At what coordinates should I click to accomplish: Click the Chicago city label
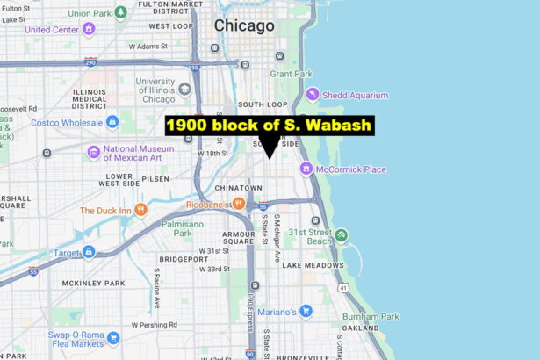pyautogui.click(x=244, y=25)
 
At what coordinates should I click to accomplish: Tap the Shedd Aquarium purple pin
pyautogui.click(x=313, y=95)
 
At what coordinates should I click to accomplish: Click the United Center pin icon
pyautogui.click(x=88, y=29)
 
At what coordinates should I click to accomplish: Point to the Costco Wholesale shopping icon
pyautogui.click(x=112, y=122)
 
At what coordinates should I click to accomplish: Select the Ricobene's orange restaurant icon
pyautogui.click(x=238, y=204)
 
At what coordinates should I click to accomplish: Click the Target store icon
pyautogui.click(x=88, y=252)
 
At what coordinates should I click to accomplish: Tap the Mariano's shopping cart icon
pyautogui.click(x=306, y=311)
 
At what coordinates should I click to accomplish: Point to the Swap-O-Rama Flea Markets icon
pyautogui.click(x=112, y=338)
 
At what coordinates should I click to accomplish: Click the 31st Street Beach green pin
pyautogui.click(x=341, y=235)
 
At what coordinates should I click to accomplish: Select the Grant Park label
pyautogui.click(x=292, y=74)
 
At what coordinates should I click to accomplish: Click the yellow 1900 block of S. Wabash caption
pyautogui.click(x=270, y=126)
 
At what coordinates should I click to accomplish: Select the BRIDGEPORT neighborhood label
pyautogui.click(x=184, y=260)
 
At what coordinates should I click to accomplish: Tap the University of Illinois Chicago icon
pyautogui.click(x=184, y=89)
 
